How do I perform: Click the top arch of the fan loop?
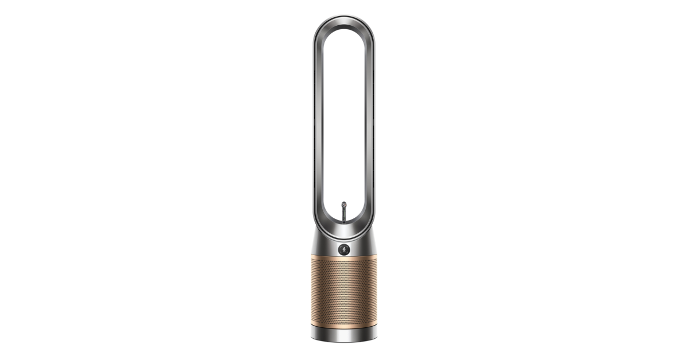coord(344,21)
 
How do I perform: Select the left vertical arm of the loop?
coord(317,126)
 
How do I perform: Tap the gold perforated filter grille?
coord(344,292)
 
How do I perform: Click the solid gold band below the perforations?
coord(344,324)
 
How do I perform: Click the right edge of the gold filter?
coord(376,292)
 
